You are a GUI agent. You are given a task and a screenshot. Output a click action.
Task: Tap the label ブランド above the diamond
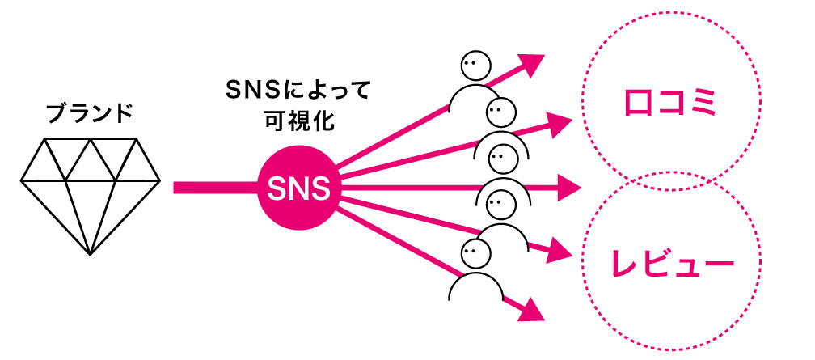(90, 113)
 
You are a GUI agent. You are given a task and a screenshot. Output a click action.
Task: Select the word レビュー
(673, 264)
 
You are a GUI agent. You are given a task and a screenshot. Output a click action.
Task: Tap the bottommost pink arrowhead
(528, 307)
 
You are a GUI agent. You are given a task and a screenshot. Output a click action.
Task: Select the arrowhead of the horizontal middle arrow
(571, 191)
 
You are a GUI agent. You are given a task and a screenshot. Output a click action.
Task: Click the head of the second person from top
(501, 111)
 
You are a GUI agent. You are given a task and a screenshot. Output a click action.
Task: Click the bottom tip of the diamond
(90, 255)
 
